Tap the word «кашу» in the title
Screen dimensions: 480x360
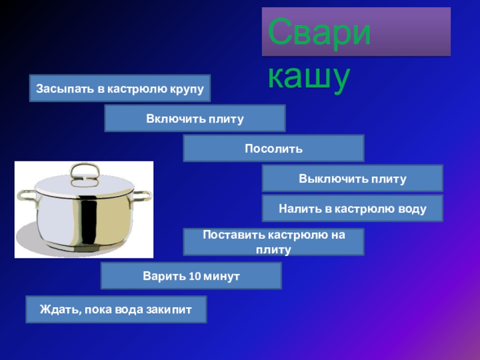[x=309, y=77]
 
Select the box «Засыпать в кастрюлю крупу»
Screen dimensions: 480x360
[x=120, y=88]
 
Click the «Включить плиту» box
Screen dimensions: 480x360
[x=195, y=118]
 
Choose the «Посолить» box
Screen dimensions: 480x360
[x=274, y=148]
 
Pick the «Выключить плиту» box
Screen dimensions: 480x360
[x=353, y=178]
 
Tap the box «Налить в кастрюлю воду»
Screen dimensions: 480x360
[x=353, y=208]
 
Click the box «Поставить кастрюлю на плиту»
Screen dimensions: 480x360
[x=274, y=242]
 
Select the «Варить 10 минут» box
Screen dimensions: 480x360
[x=191, y=275]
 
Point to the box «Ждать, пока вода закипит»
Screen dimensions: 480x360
[x=116, y=309]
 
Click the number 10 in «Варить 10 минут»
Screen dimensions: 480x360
[x=194, y=276]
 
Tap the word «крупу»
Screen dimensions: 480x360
[x=187, y=89]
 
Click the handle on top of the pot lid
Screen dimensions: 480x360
[x=85, y=175]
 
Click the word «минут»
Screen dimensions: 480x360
[x=221, y=276]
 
